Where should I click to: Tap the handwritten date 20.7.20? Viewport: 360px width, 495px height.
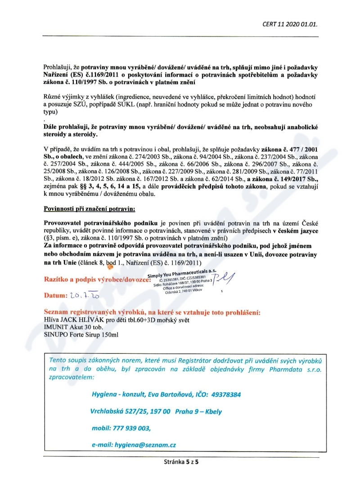pos(84,295)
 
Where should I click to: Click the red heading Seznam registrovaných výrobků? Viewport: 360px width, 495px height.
pos(152,313)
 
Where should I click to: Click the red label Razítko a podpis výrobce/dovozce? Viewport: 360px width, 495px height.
pos(94,279)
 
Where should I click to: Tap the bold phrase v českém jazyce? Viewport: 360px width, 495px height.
pos(291,231)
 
